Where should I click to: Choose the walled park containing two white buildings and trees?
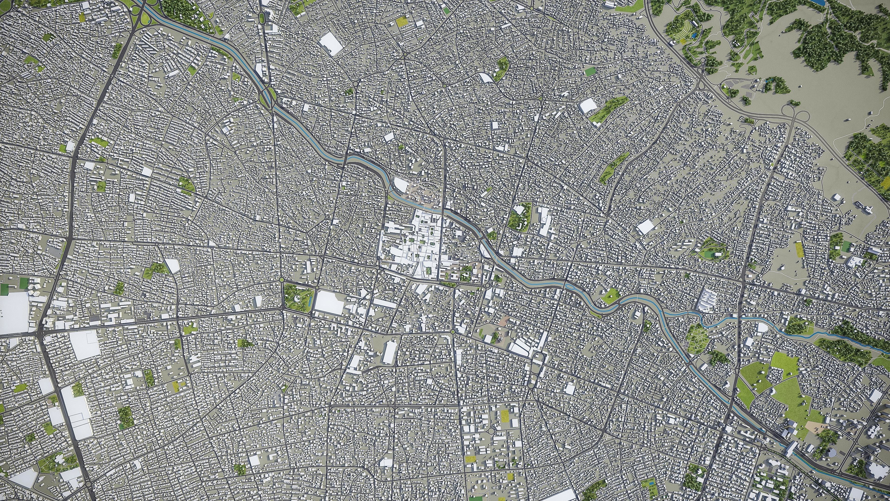click(520, 217)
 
